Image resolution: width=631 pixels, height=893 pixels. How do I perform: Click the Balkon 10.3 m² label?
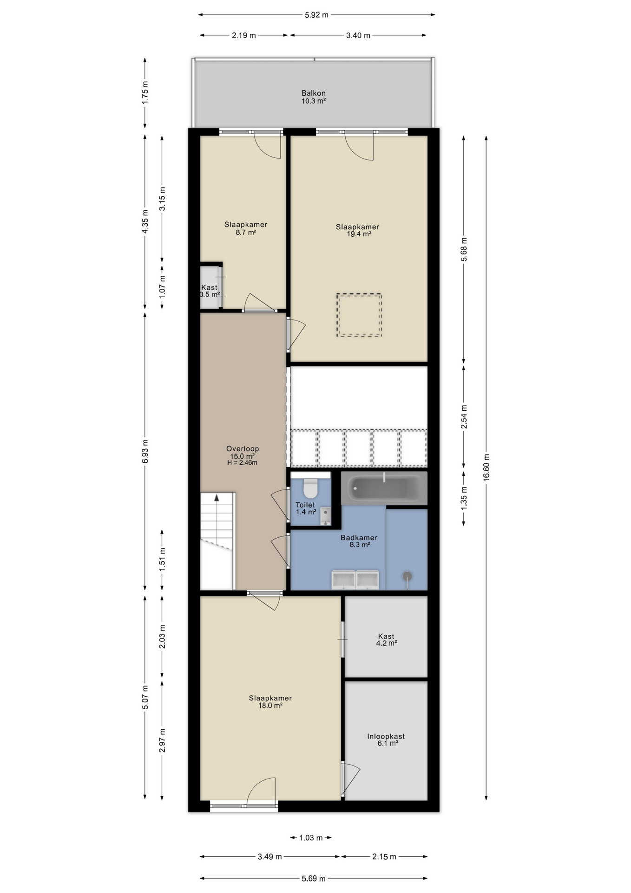click(x=314, y=97)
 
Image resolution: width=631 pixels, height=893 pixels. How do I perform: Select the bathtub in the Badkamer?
click(x=384, y=488)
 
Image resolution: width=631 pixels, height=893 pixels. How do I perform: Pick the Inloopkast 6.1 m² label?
click(x=386, y=740)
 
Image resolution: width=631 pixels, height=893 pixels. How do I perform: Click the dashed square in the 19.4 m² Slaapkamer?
click(x=359, y=315)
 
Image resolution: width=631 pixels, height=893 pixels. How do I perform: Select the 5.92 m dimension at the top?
click(x=316, y=15)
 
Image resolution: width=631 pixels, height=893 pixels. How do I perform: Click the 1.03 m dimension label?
click(x=311, y=838)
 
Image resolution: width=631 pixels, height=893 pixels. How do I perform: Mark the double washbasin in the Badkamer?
click(x=355, y=580)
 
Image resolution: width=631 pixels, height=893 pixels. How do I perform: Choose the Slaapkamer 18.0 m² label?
click(x=270, y=701)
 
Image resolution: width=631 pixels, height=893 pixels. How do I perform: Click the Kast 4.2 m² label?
click(x=386, y=640)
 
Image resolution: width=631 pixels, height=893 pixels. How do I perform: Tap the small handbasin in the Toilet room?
click(x=325, y=516)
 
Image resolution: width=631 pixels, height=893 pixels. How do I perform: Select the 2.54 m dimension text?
click(x=464, y=417)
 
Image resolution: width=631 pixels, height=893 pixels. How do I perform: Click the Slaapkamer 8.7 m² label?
click(x=246, y=228)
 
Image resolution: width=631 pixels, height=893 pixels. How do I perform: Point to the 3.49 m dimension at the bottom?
click(x=270, y=856)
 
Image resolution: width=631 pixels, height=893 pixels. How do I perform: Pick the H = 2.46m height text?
click(x=242, y=463)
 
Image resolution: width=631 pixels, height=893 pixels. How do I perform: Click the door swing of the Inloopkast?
click(x=351, y=779)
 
